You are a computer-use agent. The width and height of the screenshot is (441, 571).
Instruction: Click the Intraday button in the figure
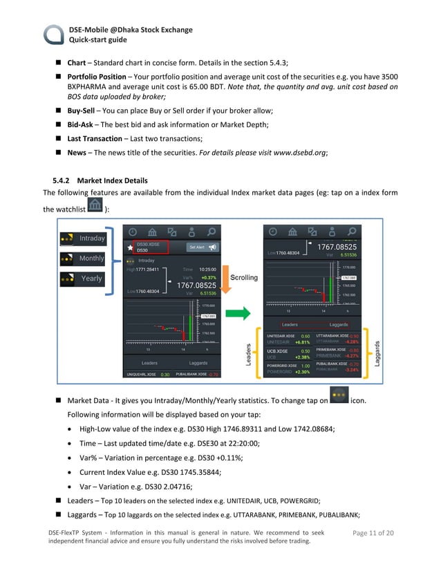tap(84, 238)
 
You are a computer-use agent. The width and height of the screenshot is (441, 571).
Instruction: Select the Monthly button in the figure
tap(84, 259)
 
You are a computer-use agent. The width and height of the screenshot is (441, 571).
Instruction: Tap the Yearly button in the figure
tap(84, 279)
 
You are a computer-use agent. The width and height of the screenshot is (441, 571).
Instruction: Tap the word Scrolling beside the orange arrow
tap(243, 278)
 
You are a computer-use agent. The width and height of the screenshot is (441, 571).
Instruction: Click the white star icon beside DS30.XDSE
tap(129, 247)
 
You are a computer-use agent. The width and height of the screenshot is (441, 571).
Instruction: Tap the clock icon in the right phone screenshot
tap(273, 232)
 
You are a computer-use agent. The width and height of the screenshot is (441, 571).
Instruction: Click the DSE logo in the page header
tap(54, 35)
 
